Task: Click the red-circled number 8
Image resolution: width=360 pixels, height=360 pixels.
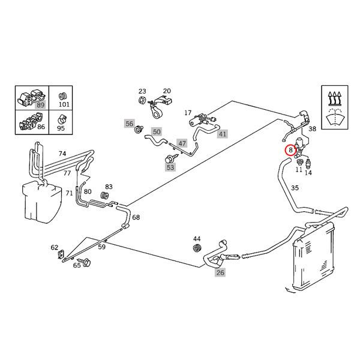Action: (291, 151)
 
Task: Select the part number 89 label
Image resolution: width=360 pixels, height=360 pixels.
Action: (40, 104)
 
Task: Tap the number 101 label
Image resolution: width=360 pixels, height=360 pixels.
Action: (64, 105)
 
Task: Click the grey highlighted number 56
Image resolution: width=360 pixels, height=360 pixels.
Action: (129, 124)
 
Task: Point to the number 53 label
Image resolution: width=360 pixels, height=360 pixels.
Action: (170, 167)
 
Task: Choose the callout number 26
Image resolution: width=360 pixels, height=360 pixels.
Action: (220, 272)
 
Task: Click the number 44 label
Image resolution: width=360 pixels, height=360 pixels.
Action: (197, 239)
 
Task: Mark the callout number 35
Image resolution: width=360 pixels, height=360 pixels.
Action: (295, 188)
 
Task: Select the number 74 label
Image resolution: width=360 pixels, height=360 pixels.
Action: (62, 154)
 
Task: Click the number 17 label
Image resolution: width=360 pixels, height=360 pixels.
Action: (187, 113)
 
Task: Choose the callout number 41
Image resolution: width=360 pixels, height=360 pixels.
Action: (223, 134)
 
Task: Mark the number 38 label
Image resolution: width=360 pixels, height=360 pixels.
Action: (312, 129)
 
